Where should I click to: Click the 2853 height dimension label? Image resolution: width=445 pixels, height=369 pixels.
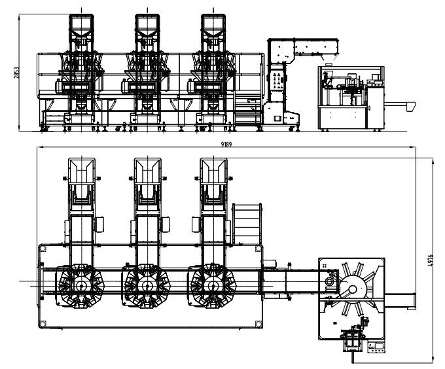pos(16,73)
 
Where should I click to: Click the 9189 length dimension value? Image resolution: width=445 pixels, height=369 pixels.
pos(226,145)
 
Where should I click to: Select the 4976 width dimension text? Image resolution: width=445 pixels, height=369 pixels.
pos(430,260)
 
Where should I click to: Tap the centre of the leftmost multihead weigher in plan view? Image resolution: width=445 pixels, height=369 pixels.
pos(81,286)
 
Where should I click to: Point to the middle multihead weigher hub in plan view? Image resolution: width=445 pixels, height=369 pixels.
pos(147,286)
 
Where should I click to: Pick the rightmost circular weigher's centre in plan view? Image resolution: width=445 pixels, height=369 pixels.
pos(213,286)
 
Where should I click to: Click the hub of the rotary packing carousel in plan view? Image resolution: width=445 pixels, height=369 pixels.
pos(353,289)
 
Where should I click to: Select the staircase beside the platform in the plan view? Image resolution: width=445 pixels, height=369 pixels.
pos(247,224)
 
